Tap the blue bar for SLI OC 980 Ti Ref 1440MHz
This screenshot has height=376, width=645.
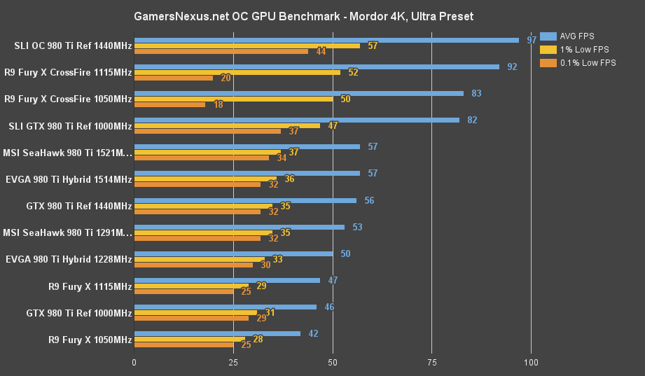(x=326, y=40)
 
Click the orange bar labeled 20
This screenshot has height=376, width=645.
(x=174, y=78)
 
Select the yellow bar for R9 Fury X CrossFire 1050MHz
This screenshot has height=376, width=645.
(x=233, y=99)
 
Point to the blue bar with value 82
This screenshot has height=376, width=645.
(x=297, y=120)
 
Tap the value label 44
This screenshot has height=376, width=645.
(x=321, y=51)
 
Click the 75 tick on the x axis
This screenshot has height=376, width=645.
(x=432, y=363)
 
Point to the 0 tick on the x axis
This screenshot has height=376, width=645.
(x=134, y=363)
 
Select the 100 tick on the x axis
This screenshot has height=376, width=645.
(x=531, y=363)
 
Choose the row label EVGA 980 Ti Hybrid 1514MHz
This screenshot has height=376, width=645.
(x=69, y=180)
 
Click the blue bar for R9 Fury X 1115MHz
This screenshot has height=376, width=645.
(x=227, y=280)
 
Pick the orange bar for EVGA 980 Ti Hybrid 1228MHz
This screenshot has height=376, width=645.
(x=193, y=265)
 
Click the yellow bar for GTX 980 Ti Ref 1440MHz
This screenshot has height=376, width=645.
(x=203, y=206)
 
